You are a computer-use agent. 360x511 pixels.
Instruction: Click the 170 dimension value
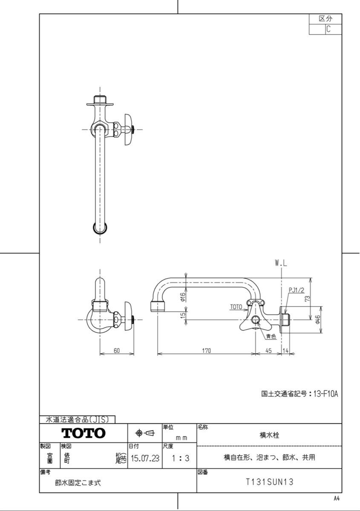coord(206,350)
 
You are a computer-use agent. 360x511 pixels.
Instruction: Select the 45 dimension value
coord(269,350)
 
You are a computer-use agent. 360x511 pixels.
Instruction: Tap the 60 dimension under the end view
coord(117,350)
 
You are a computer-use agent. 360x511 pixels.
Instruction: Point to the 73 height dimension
coord(307,298)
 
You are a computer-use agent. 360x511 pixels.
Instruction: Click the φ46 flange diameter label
coord(318,320)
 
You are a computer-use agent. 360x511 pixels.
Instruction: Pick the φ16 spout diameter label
coord(183,297)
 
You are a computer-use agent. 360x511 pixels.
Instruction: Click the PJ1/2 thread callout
coord(297,290)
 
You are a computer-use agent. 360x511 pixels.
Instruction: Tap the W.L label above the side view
coord(281,264)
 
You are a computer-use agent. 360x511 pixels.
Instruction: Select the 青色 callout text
coord(271,336)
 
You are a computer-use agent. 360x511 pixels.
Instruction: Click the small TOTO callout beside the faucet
coord(236,307)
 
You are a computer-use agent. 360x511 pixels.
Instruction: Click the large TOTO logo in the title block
coord(84,433)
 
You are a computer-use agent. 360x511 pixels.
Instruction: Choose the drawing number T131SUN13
coord(269,482)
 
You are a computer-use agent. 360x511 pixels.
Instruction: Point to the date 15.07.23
coord(145,458)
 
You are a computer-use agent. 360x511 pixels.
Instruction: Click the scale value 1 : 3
coord(181,458)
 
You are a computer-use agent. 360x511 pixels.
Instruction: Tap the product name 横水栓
coord(269,435)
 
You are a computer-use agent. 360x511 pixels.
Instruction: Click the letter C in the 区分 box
coord(328,29)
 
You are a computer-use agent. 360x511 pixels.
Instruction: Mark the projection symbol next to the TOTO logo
coord(145,433)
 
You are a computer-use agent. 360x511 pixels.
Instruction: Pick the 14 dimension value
coord(285,350)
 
